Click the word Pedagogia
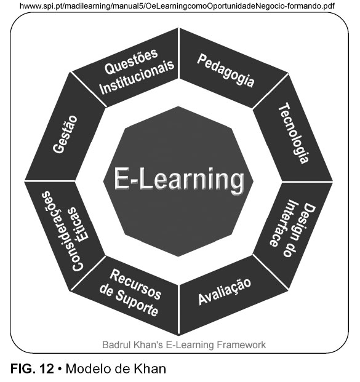[x=226, y=71]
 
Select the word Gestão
[x=65, y=135]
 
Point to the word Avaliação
[x=225, y=292]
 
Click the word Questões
[x=131, y=62]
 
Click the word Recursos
[x=135, y=284]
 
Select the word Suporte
[x=137, y=303]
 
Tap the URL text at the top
[x=177, y=6]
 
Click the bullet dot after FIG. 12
[x=60, y=369]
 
